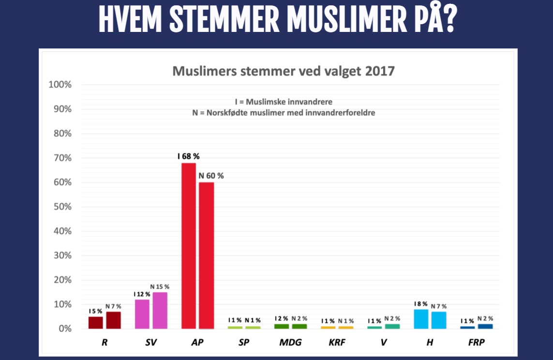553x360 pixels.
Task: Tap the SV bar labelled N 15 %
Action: [160, 311]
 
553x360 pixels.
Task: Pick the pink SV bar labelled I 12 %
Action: [142, 314]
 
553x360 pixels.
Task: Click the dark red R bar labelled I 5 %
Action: [96, 323]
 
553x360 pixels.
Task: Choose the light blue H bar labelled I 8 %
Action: [421, 319]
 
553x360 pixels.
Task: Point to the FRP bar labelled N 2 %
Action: [485, 326]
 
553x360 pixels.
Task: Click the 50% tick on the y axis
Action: [60, 207]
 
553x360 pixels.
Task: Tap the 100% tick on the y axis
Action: [60, 85]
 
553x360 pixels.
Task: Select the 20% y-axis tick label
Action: [60, 280]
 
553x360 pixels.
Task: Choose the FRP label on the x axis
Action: [477, 342]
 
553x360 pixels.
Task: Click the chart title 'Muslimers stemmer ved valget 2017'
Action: [284, 72]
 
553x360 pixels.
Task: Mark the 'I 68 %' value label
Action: [188, 156]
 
